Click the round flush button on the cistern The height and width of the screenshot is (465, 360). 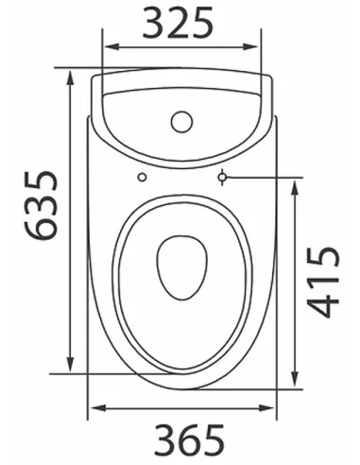[x=180, y=122]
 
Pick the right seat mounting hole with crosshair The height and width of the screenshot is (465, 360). [x=223, y=177]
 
